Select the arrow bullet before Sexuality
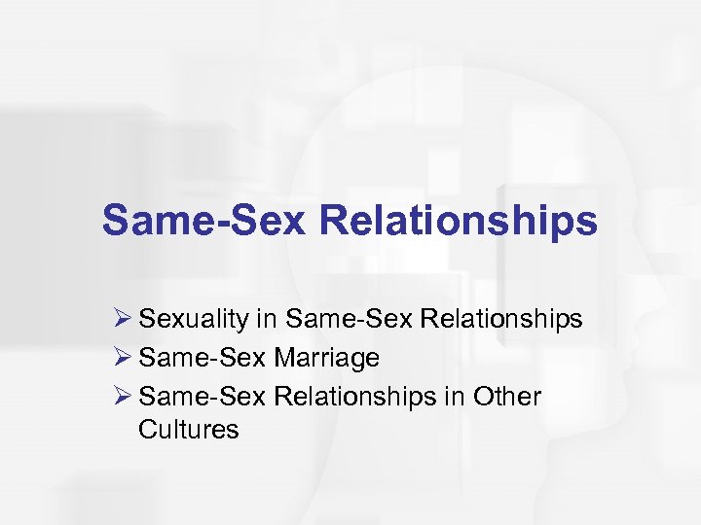pyautogui.click(x=123, y=318)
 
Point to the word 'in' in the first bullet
pyautogui.click(x=268, y=319)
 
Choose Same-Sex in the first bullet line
pyautogui.click(x=336, y=319)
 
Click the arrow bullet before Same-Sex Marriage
pyautogui.click(x=123, y=357)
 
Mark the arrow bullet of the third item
pyautogui.click(x=123, y=396)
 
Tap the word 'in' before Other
pyautogui.click(x=458, y=397)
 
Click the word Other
pyautogui.click(x=507, y=397)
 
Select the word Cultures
pyautogui.click(x=189, y=429)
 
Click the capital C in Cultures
pyautogui.click(x=148, y=429)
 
